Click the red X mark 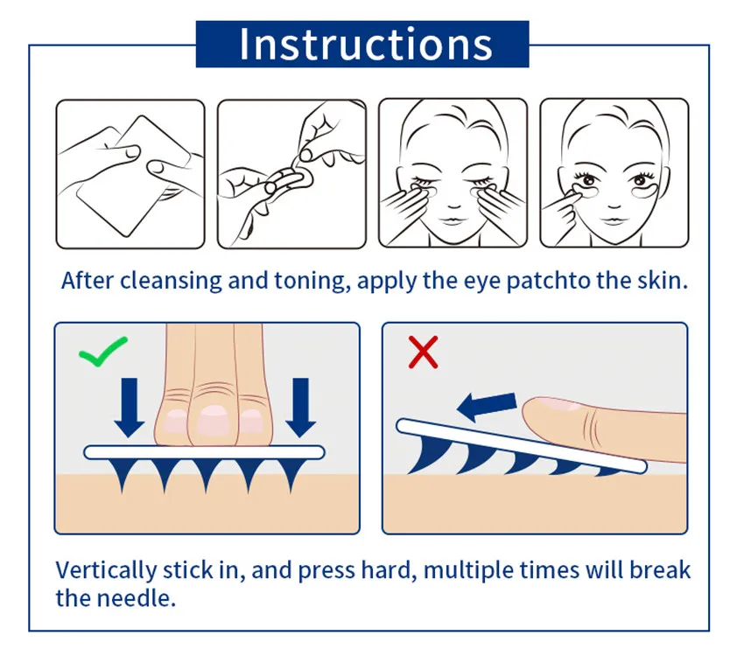click(x=423, y=352)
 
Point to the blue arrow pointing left click(x=487, y=403)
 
